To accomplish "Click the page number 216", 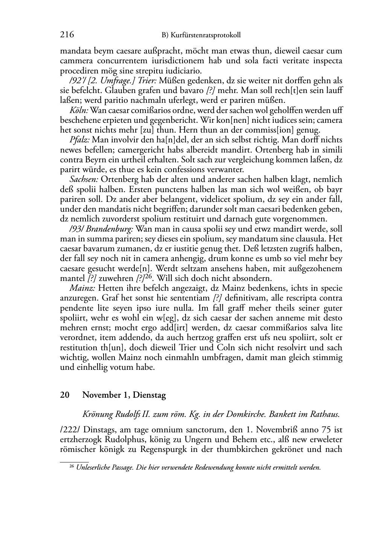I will (67, 35).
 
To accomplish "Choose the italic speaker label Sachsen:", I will (84, 179).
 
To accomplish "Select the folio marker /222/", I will (70, 430).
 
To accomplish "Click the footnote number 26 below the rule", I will (72, 467).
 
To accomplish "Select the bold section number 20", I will (64, 395).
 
